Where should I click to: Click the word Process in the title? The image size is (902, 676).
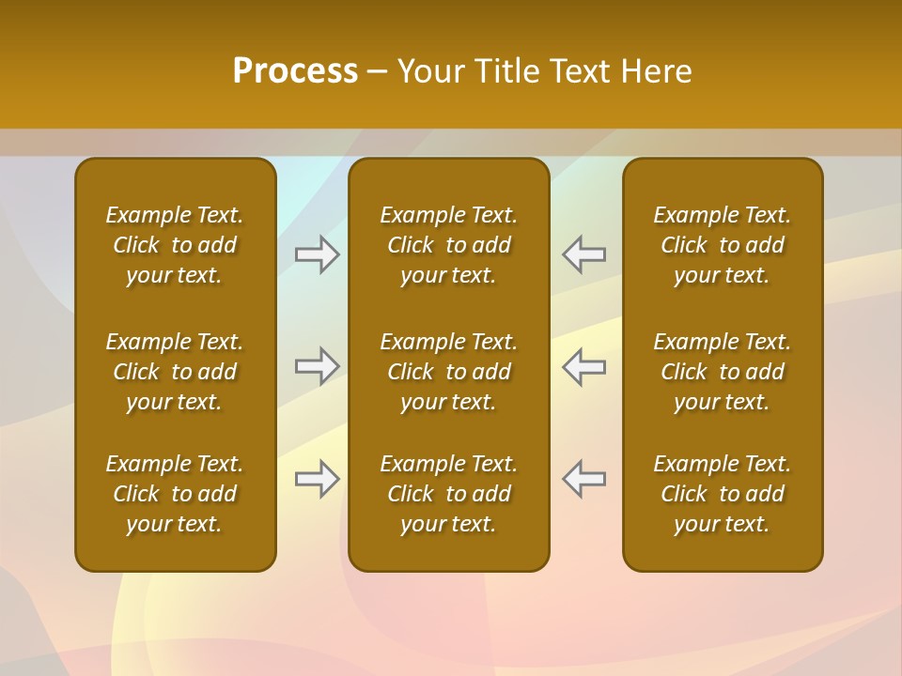295,71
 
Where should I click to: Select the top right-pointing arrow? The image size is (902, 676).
318,255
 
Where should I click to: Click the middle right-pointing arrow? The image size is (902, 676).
318,366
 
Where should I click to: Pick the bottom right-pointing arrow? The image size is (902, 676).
318,479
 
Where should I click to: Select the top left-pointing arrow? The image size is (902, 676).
583,255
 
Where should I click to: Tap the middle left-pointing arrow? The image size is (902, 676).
583,366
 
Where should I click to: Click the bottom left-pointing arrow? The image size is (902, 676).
583,479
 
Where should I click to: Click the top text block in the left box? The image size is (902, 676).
175,245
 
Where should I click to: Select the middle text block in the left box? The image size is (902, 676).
175,372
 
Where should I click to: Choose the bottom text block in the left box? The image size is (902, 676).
175,494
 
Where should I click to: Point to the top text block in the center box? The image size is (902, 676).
448,245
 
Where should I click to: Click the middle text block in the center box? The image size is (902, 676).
448,372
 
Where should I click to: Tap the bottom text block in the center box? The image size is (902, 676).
448,494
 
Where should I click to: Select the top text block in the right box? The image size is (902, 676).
722,245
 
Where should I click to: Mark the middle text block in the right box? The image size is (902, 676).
722,372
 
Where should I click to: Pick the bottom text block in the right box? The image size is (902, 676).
722,494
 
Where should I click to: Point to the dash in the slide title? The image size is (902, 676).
378,72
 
